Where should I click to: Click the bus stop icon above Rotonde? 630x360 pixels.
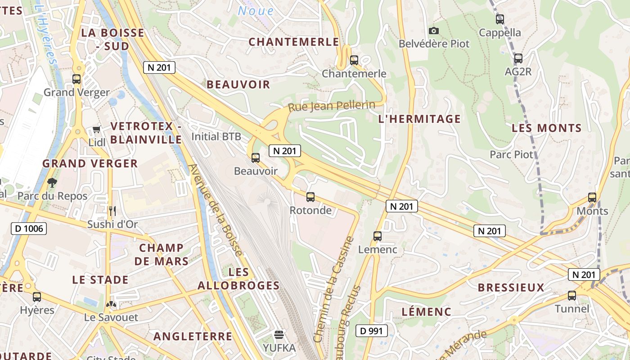click(310, 197)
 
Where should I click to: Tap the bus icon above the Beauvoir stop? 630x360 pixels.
click(256, 157)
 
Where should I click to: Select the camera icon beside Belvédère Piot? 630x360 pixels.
click(434, 31)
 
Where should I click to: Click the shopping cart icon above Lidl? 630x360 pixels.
click(96, 130)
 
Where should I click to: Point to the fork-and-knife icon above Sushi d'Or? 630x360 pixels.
click(112, 210)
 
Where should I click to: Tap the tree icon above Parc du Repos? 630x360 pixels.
click(52, 182)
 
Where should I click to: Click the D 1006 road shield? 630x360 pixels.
click(29, 229)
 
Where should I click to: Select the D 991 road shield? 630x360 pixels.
click(372, 331)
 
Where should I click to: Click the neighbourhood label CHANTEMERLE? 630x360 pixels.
click(294, 42)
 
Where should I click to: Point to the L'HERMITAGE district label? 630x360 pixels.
click(419, 119)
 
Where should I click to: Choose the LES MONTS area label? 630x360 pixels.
click(547, 128)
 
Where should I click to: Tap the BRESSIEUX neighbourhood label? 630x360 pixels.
click(511, 288)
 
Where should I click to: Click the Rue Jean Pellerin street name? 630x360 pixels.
click(332, 107)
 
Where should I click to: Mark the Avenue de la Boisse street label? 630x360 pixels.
click(215, 210)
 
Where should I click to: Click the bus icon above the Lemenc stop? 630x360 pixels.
click(378, 236)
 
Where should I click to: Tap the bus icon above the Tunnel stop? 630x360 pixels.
click(572, 295)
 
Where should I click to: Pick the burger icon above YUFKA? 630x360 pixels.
click(279, 334)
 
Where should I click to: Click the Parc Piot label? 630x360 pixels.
click(511, 154)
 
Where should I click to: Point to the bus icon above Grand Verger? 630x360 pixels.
click(76, 79)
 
